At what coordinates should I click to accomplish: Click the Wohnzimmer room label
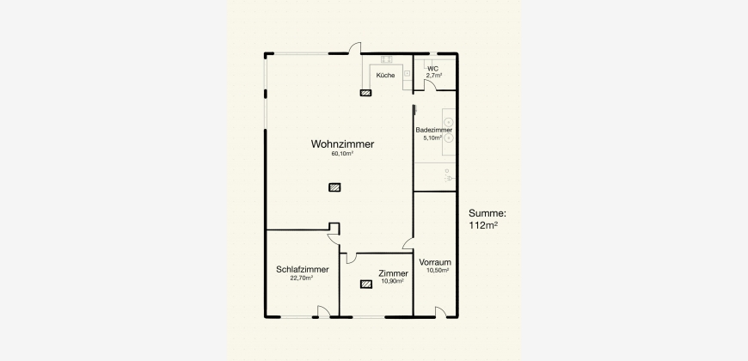(342, 144)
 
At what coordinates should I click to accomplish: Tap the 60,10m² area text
(342, 154)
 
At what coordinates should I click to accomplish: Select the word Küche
(385, 76)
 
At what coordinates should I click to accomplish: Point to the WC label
(432, 69)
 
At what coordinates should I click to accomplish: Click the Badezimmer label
(433, 130)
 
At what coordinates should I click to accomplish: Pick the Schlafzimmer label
(303, 269)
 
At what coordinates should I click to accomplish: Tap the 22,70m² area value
(302, 278)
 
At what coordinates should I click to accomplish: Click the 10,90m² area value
(393, 281)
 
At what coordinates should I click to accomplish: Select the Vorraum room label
(435, 262)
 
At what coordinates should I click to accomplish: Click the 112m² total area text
(483, 225)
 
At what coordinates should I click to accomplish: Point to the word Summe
(487, 214)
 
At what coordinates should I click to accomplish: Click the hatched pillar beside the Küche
(366, 93)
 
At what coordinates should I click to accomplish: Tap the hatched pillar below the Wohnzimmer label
(334, 187)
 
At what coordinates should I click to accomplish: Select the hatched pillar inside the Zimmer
(366, 285)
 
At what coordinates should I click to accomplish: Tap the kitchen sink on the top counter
(386, 59)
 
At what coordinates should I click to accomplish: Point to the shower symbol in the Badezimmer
(449, 176)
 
